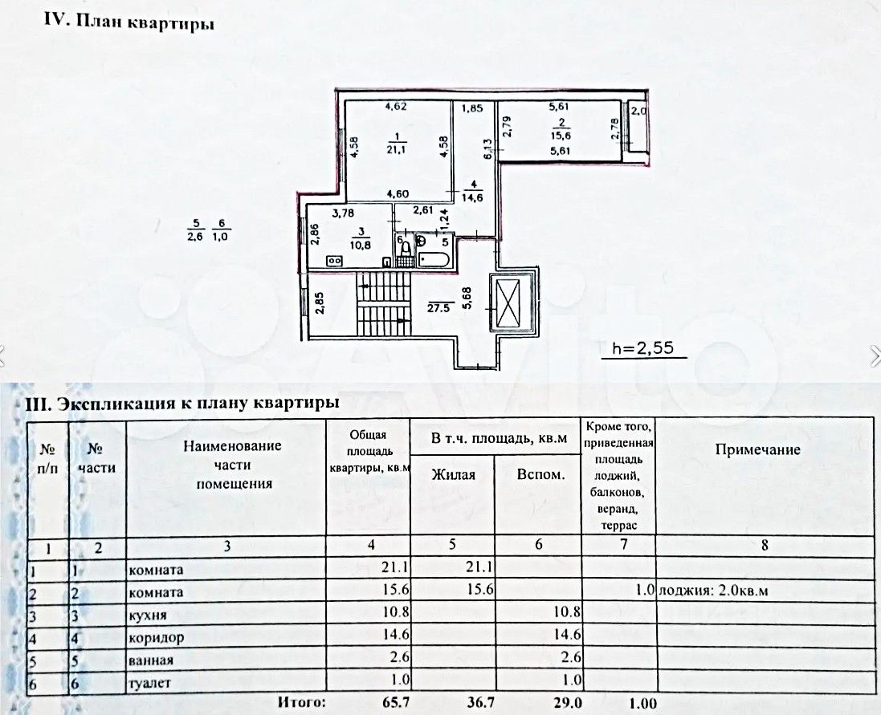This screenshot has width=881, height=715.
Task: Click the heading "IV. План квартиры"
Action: coord(128,22)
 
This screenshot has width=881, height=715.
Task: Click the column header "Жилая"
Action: coord(453,475)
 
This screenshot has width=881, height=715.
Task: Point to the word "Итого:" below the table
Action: coord(302,704)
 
